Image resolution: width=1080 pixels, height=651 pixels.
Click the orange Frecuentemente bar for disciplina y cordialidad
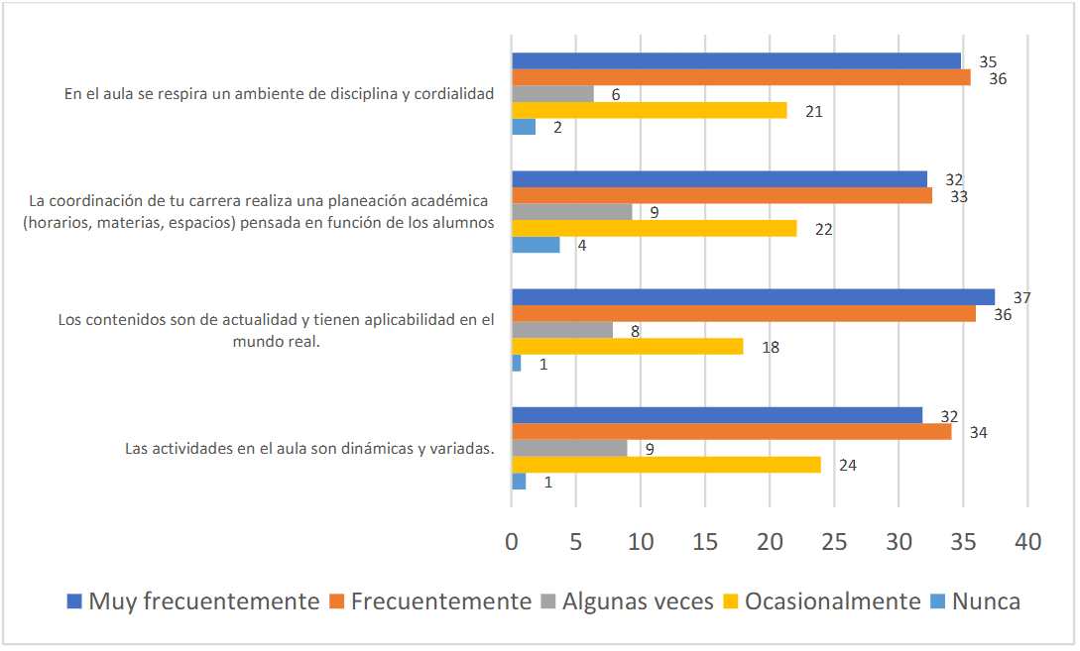click(741, 77)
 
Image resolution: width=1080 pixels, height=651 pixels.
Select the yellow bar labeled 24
click(665, 465)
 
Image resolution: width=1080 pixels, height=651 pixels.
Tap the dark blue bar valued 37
click(753, 297)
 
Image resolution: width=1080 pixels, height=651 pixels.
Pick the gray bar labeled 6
click(552, 94)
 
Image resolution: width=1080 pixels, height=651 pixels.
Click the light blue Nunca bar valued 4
click(536, 245)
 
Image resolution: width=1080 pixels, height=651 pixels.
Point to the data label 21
click(814, 111)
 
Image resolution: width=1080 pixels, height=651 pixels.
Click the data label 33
click(958, 196)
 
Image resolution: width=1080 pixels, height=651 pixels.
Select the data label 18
click(770, 347)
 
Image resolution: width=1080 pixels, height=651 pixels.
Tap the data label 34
click(978, 432)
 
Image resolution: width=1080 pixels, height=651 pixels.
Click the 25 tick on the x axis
click(834, 542)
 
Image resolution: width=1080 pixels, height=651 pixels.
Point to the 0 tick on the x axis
click(512, 542)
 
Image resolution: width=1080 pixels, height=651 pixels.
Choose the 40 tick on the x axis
click(1027, 542)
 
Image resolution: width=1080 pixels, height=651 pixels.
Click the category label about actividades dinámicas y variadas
click(309, 448)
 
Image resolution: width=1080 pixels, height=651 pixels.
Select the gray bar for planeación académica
click(571, 212)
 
